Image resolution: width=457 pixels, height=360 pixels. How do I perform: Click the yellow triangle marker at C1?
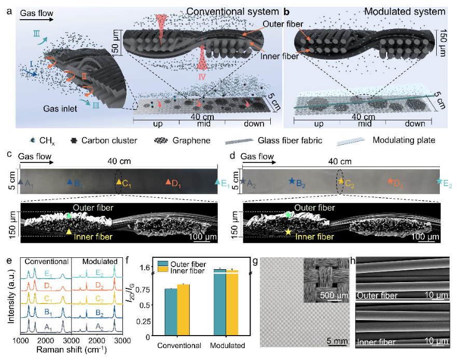click(x=119, y=182)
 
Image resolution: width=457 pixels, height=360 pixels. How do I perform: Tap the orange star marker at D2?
click(x=390, y=181)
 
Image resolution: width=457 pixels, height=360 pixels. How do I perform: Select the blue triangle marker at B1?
click(x=70, y=182)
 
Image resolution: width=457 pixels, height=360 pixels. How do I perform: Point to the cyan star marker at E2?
click(x=439, y=181)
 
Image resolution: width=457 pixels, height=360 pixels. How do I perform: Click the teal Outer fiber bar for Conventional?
click(x=171, y=312)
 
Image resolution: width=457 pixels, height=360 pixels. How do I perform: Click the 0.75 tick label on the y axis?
click(x=143, y=289)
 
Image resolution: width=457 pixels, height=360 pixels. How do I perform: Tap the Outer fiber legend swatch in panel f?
click(x=163, y=264)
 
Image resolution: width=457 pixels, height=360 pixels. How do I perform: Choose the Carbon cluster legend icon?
click(x=74, y=141)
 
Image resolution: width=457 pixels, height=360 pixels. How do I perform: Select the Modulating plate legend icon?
click(x=350, y=141)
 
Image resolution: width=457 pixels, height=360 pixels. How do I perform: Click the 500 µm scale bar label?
click(x=334, y=295)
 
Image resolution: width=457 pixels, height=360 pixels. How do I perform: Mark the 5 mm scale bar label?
click(x=337, y=340)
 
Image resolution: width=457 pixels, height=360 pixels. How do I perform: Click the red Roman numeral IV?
click(x=202, y=77)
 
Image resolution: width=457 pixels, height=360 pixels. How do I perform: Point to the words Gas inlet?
click(x=60, y=109)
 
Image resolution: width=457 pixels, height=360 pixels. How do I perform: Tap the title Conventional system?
click(x=232, y=11)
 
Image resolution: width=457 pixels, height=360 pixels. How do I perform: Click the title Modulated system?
click(x=405, y=11)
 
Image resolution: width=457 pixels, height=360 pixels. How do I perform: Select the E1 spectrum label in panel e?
click(x=48, y=274)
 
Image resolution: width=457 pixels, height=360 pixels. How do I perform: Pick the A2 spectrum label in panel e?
click(x=100, y=327)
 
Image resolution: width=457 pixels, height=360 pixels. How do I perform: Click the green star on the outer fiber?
click(x=288, y=215)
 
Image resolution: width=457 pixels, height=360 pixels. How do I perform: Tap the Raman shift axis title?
click(x=72, y=350)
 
